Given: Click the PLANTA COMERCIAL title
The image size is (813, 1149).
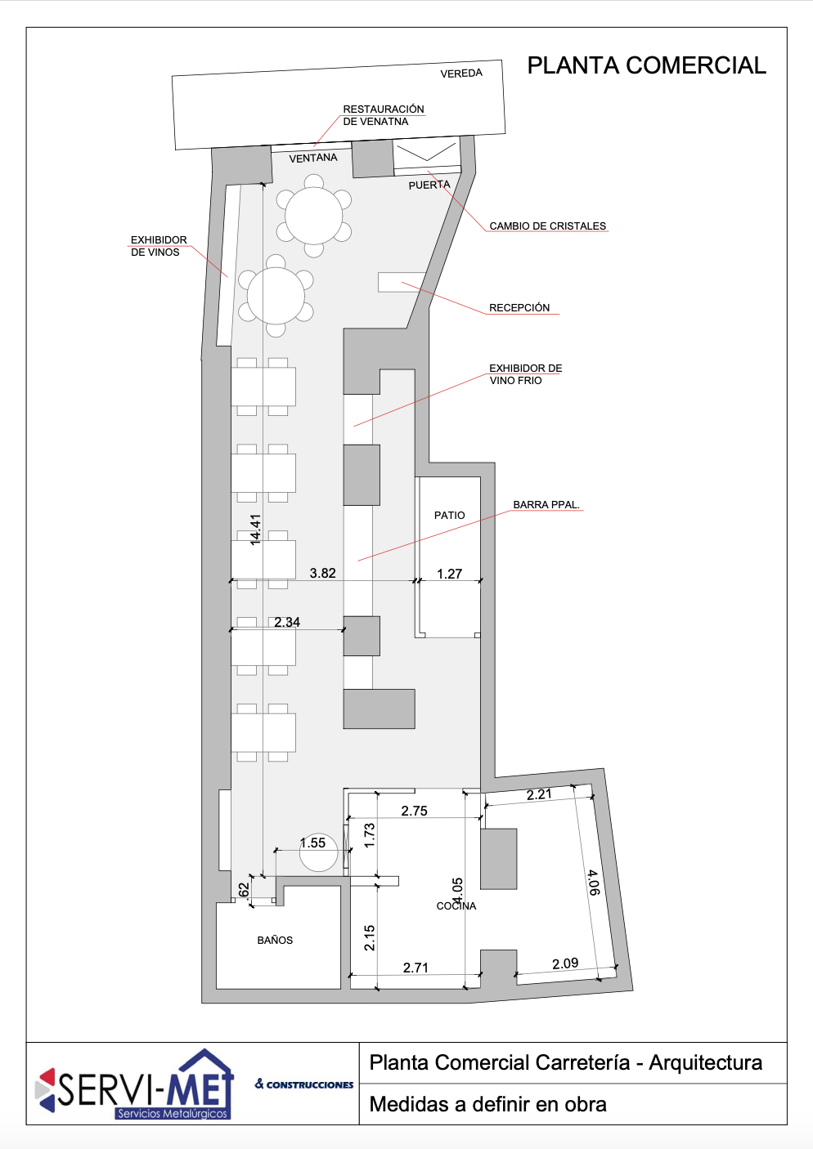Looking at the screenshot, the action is [x=647, y=65].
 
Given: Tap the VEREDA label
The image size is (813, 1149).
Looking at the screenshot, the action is [x=461, y=74].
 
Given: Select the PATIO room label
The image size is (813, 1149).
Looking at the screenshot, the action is [x=450, y=515].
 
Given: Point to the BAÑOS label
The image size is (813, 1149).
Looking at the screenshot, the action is [x=275, y=940].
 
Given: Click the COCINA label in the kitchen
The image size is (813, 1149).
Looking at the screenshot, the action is [x=456, y=906].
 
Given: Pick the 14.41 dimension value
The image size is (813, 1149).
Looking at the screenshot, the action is [x=255, y=529].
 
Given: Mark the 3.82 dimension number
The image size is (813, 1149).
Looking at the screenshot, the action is [x=323, y=573].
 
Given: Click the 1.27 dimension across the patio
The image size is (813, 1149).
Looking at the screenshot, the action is [x=450, y=574].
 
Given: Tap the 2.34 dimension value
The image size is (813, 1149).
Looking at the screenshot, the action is [x=287, y=622].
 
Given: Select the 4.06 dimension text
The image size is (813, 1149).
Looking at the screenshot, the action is [x=593, y=883].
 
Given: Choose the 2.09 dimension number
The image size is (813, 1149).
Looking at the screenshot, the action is [x=565, y=963].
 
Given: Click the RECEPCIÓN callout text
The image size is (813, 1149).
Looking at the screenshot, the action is [x=519, y=308].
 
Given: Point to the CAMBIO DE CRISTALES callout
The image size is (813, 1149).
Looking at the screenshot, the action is [x=548, y=226].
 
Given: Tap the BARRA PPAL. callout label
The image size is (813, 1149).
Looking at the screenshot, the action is [x=546, y=505].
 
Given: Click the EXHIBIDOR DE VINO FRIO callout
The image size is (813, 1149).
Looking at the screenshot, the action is [x=526, y=374].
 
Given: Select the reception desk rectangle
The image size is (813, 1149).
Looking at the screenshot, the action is [x=402, y=282].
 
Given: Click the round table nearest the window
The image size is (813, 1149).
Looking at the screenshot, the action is [x=313, y=216].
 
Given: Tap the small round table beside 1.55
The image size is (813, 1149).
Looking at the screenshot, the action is [x=319, y=852].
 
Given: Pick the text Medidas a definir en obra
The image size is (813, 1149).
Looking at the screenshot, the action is [x=488, y=1104].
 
